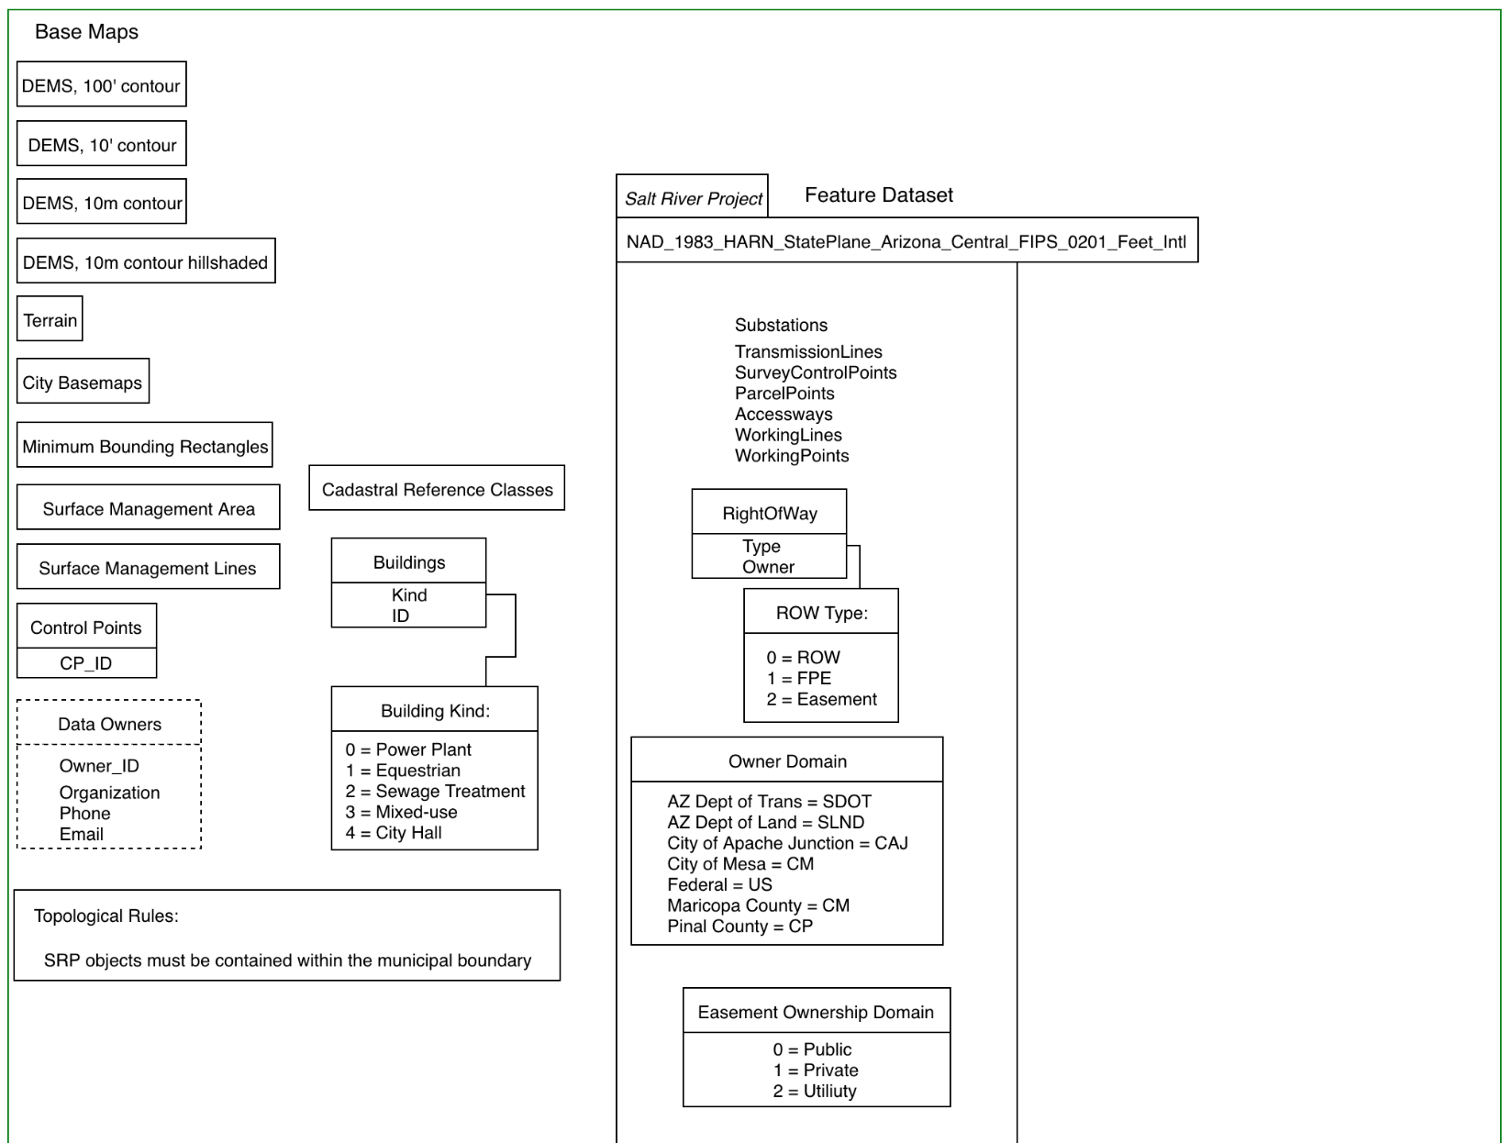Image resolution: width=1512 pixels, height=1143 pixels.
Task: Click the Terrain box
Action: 50,319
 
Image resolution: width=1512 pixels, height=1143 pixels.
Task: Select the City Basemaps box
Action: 83,381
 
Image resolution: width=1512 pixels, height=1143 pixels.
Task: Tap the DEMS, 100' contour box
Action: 101,84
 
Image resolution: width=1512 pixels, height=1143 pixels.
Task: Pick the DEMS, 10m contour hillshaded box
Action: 146,261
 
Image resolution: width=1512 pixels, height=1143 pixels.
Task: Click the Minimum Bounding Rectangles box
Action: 145,445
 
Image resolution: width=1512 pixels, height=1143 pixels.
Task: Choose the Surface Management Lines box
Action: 148,567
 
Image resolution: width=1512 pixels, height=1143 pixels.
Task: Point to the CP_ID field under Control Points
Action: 86,663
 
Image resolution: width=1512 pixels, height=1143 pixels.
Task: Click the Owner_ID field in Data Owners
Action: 99,766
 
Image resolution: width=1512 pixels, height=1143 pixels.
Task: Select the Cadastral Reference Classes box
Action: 437,488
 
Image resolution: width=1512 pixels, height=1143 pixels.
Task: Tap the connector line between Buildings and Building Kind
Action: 516,626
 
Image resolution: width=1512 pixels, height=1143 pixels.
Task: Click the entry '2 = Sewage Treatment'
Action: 436,791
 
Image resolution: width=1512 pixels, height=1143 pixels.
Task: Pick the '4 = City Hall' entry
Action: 394,832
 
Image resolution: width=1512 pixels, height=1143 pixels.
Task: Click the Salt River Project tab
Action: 693,196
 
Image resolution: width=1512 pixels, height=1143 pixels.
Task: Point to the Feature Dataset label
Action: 879,194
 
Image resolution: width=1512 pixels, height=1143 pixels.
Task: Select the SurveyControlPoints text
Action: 816,372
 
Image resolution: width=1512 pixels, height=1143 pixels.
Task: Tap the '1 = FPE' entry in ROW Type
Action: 799,678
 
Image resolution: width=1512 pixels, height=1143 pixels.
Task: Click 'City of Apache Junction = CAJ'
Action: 787,843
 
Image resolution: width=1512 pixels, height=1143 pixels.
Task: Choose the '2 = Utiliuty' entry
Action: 814,1091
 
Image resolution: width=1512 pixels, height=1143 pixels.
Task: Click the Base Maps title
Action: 87,32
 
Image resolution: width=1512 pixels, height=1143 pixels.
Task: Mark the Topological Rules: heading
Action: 106,916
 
